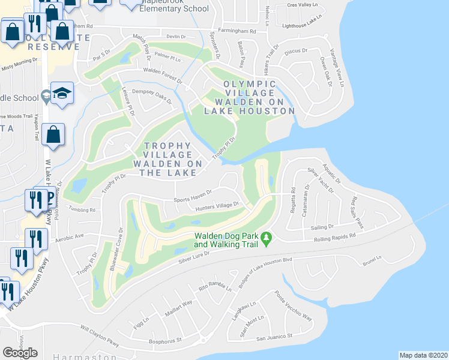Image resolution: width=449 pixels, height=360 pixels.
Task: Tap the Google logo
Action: coord(20,353)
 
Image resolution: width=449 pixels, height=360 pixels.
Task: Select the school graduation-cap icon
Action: coord(62,93)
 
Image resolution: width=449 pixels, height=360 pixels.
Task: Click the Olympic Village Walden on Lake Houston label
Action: coord(249,97)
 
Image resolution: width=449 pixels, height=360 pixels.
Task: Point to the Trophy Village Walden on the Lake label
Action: coord(165,159)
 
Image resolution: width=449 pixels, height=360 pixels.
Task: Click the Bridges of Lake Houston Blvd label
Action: coord(265,272)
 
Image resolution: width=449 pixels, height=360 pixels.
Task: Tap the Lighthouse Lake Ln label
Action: coord(303,24)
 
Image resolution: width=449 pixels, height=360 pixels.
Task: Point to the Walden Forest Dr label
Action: coord(162,74)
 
